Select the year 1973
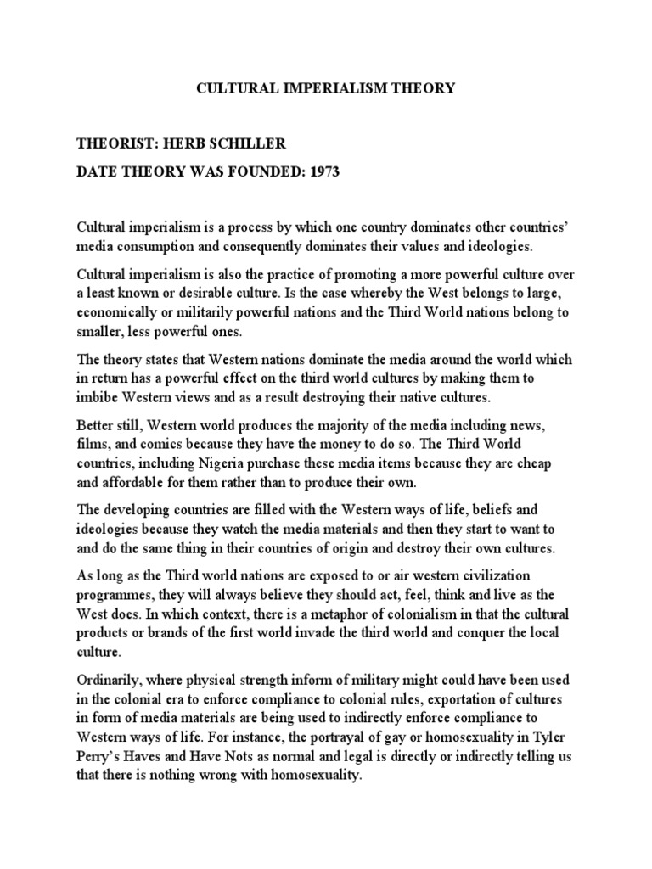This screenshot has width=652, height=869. click(x=323, y=172)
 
